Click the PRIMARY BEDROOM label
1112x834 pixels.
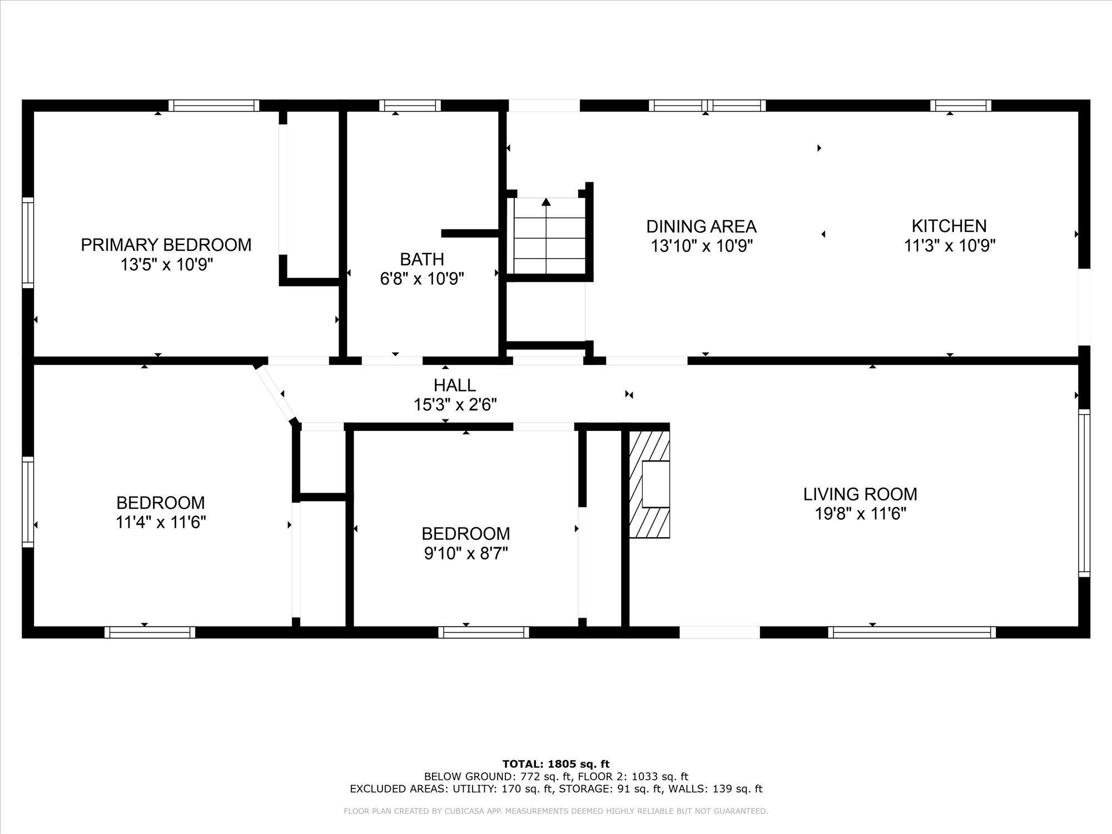tap(166, 245)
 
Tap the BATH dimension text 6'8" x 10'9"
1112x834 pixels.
tap(421, 279)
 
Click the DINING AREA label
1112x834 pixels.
tap(701, 226)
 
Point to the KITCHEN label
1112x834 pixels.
tap(949, 226)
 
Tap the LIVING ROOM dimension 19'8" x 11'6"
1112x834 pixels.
tap(860, 513)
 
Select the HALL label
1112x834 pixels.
tap(454, 385)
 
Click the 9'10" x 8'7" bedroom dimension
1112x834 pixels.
tap(465, 553)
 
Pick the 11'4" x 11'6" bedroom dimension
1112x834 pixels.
tap(161, 522)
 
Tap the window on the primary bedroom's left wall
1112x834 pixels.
tap(28, 242)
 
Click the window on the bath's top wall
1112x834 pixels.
tap(410, 106)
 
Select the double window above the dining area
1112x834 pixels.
tap(707, 106)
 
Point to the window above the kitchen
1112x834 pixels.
tap(960, 106)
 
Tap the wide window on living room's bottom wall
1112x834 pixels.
tap(911, 632)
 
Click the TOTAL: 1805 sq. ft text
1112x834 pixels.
tap(555, 764)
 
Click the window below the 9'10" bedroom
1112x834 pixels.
tap(483, 632)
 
